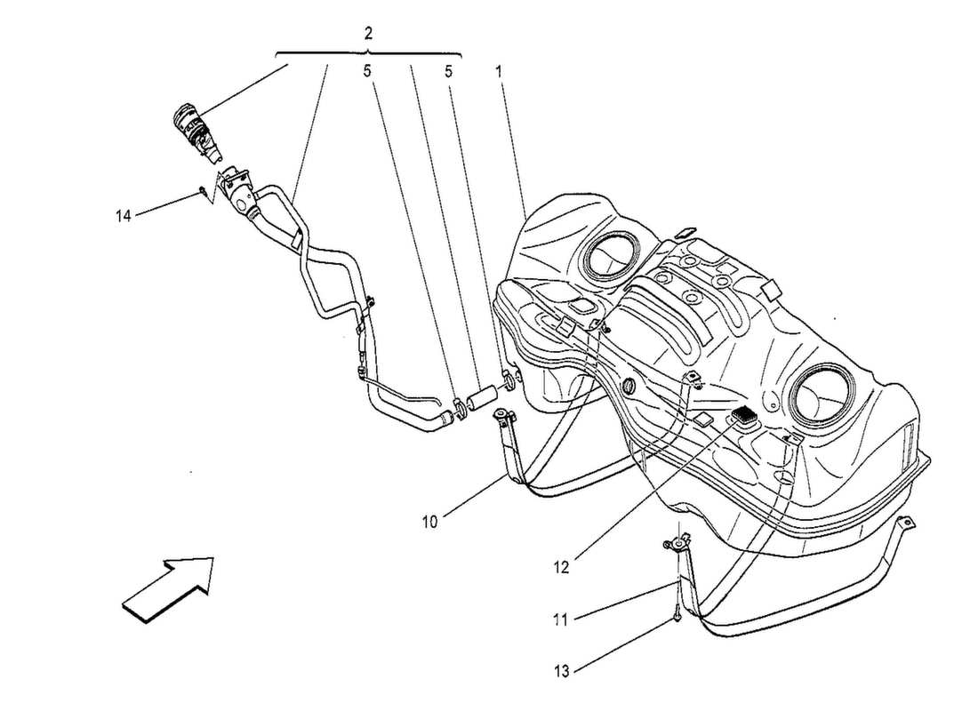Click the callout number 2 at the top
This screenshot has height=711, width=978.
click(368, 34)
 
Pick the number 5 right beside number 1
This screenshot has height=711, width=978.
click(449, 71)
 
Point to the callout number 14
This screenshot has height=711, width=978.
click(124, 214)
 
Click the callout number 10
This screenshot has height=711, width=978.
click(429, 522)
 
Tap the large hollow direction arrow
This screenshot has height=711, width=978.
click(169, 586)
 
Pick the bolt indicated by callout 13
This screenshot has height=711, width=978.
click(677, 612)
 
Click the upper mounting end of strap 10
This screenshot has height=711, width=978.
click(504, 417)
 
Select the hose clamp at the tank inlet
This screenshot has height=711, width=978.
click(509, 381)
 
